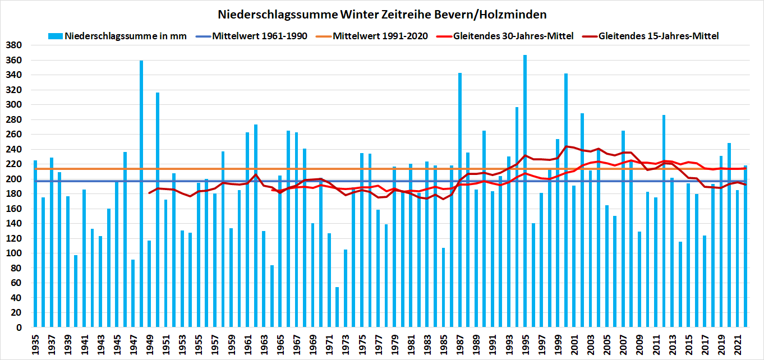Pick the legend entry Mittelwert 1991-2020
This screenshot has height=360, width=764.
(x=380, y=36)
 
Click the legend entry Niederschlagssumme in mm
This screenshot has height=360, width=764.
(x=124, y=36)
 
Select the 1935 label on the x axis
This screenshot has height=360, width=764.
(x=35, y=343)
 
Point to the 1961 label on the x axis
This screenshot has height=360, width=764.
(x=247, y=343)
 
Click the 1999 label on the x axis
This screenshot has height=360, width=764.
(x=558, y=343)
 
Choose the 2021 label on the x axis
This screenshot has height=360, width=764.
(x=737, y=343)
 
